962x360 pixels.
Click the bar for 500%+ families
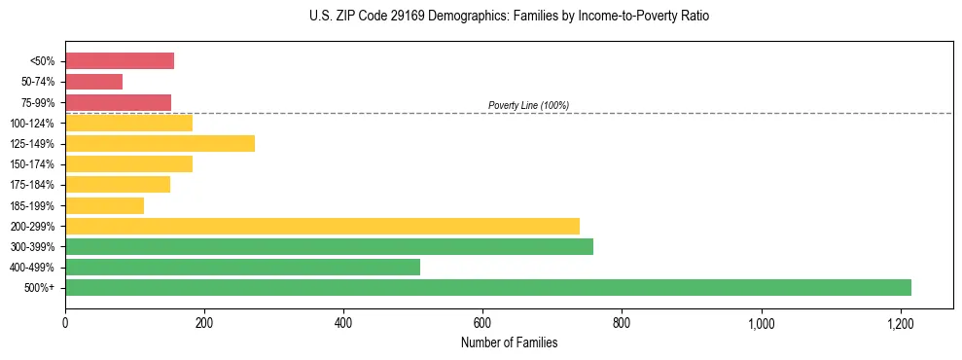tap(487, 287)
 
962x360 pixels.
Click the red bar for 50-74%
tap(93, 82)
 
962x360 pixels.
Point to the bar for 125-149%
tap(160, 143)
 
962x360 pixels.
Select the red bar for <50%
tap(120, 61)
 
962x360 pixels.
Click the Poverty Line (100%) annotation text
tap(528, 105)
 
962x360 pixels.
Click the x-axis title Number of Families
tap(509, 342)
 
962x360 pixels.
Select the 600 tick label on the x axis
tap(482, 323)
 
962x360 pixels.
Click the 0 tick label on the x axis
tap(65, 323)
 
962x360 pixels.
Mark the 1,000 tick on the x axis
tap(761, 323)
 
